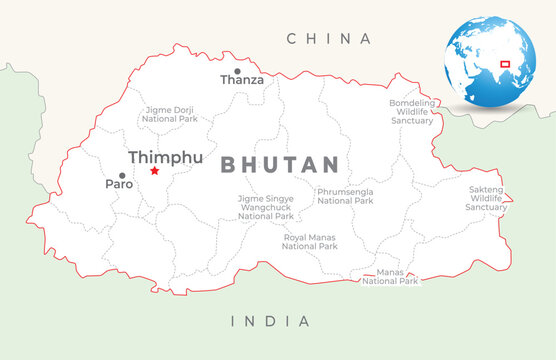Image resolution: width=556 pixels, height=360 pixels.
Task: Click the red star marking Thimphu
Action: point(154,171)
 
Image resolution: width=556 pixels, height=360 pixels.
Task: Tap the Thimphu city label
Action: point(165,157)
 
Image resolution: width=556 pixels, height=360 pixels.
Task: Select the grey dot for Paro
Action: point(122,175)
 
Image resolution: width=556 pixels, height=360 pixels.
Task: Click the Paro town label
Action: point(119,185)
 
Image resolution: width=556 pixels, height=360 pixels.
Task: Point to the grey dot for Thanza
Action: point(237,71)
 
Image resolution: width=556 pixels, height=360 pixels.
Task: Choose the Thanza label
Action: point(242,80)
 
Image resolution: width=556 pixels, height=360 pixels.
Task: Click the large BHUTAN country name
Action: point(280,165)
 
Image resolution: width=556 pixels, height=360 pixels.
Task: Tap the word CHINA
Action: point(329,39)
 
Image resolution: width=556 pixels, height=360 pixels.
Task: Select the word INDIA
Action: point(270,321)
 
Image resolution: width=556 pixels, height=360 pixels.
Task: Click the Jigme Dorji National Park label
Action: point(170,113)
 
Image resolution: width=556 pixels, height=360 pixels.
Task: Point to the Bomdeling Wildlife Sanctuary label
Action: point(412,111)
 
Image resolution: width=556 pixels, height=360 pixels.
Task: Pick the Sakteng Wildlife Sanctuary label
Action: point(488,198)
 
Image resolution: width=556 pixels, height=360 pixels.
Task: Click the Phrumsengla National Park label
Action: point(345,196)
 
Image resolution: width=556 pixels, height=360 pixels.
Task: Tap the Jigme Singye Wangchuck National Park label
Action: point(266,207)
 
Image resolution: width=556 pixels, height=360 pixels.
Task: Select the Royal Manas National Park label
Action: point(309,241)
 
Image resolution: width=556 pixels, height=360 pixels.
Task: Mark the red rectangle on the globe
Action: point(505,64)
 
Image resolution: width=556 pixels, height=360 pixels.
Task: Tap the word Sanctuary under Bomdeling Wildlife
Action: point(412,120)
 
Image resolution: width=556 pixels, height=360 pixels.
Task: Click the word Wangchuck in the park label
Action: point(266,207)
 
